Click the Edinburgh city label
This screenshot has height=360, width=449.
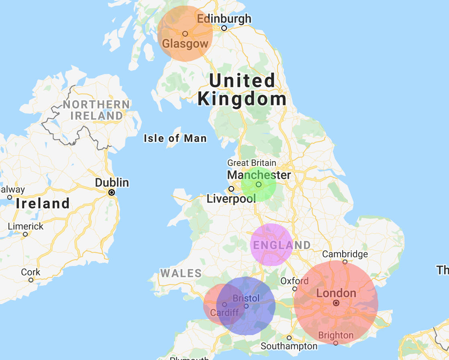click(x=224, y=18)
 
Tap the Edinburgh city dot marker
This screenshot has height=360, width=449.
click(x=224, y=28)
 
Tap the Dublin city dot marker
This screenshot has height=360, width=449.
click(x=112, y=192)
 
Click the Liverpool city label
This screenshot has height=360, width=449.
click(x=231, y=198)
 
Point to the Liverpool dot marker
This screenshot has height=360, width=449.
click(x=231, y=189)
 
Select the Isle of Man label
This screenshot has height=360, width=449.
click(x=176, y=139)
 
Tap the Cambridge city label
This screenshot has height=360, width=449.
click(x=345, y=254)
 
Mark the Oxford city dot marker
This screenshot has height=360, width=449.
click(x=295, y=289)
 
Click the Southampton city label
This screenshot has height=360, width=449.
click(x=289, y=346)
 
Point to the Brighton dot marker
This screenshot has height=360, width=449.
click(x=336, y=343)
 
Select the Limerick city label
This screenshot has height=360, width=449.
click(x=26, y=226)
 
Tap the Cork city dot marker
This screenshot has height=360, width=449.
click(x=31, y=280)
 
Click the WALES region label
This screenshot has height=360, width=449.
click(x=181, y=274)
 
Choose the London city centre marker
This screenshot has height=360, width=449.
click(x=336, y=303)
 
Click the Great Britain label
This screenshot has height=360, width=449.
click(x=252, y=163)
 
